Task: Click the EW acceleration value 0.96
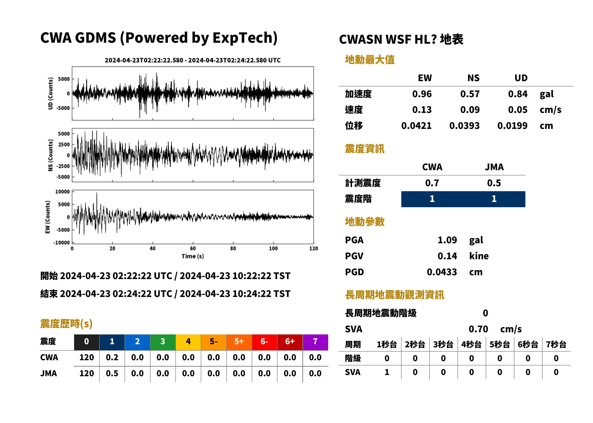[422, 94]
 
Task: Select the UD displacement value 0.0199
[512, 126]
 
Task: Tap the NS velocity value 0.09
[470, 110]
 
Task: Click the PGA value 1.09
[447, 240]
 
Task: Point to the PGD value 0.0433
[442, 272]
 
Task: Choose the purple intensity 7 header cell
[315, 342]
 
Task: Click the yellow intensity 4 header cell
[188, 342]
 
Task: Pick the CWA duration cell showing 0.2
[112, 357]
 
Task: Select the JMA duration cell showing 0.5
[112, 373]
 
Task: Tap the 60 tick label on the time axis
[193, 249]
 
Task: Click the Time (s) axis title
[193, 256]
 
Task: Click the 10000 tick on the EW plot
[62, 192]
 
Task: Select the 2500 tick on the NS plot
[64, 145]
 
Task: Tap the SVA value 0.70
[478, 329]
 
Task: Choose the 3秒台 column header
[443, 345]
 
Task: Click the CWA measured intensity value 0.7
[432, 183]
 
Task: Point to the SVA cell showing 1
[387, 372]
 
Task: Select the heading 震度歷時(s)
[66, 324]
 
